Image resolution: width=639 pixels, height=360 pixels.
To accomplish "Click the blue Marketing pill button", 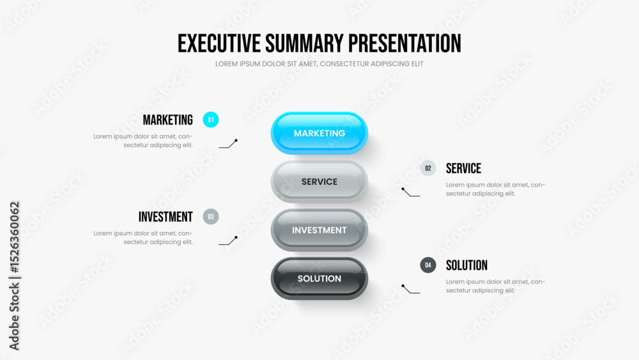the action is coord(319,133).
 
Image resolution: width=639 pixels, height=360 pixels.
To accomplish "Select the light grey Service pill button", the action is coord(319,182).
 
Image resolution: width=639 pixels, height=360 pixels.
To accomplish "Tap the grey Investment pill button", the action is coord(319,230).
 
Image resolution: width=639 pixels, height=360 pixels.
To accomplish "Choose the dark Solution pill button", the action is coord(319,278).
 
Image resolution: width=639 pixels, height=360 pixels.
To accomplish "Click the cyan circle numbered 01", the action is coord(211,120).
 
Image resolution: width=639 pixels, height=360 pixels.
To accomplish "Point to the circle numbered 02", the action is coord(428,168).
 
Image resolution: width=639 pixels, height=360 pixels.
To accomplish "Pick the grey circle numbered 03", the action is coord(211,217).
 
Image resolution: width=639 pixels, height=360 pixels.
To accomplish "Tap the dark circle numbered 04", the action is coord(428,265).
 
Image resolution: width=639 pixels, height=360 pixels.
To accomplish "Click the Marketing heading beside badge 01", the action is coord(167,120).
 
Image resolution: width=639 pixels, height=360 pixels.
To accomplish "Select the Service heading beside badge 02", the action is coord(463,168).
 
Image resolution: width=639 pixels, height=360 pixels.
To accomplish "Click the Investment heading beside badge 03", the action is coord(166,217).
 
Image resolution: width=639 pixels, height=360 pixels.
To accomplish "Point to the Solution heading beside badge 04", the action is coord(466,265).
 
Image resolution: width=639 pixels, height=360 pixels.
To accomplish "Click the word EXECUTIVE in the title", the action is coord(219,43).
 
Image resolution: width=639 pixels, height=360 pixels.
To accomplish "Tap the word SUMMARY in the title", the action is coord(304,43).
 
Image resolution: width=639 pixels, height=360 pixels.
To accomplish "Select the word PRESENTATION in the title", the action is coord(404,43).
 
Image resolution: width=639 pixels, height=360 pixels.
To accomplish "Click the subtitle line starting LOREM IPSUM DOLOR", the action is coord(319,64).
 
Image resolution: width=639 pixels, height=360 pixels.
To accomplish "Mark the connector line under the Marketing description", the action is coord(228,144).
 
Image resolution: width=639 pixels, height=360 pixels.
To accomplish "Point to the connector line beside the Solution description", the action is coord(410,289).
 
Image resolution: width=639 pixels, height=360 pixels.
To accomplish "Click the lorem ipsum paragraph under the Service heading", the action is coord(495,189).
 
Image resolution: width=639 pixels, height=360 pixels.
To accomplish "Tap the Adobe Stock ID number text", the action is coord(14,237).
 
